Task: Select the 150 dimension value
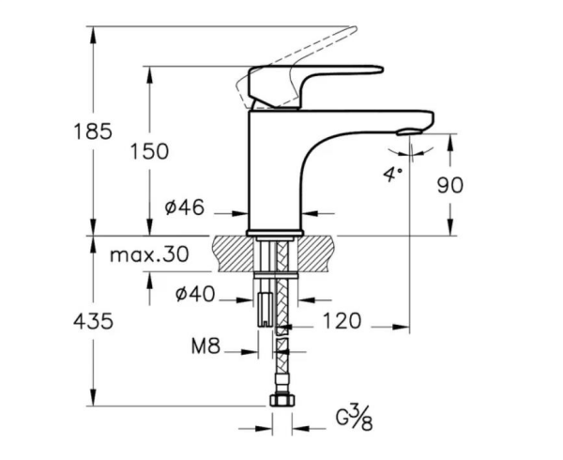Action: [150, 150]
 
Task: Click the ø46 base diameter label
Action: [186, 208]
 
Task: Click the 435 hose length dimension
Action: [93, 321]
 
